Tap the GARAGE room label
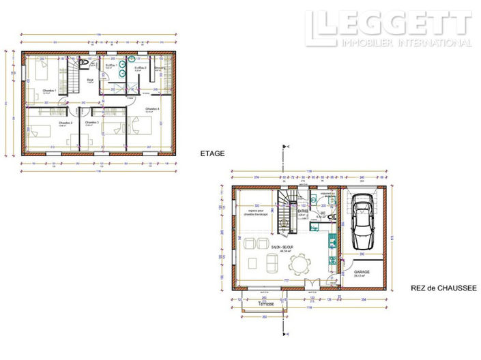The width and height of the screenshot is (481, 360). (x=362, y=271)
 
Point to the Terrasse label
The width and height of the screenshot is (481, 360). (x=266, y=304)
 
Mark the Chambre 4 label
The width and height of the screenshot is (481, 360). (x=152, y=109)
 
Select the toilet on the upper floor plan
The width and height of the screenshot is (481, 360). (x=83, y=63)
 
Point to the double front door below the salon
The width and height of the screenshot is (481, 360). (x=309, y=282)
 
